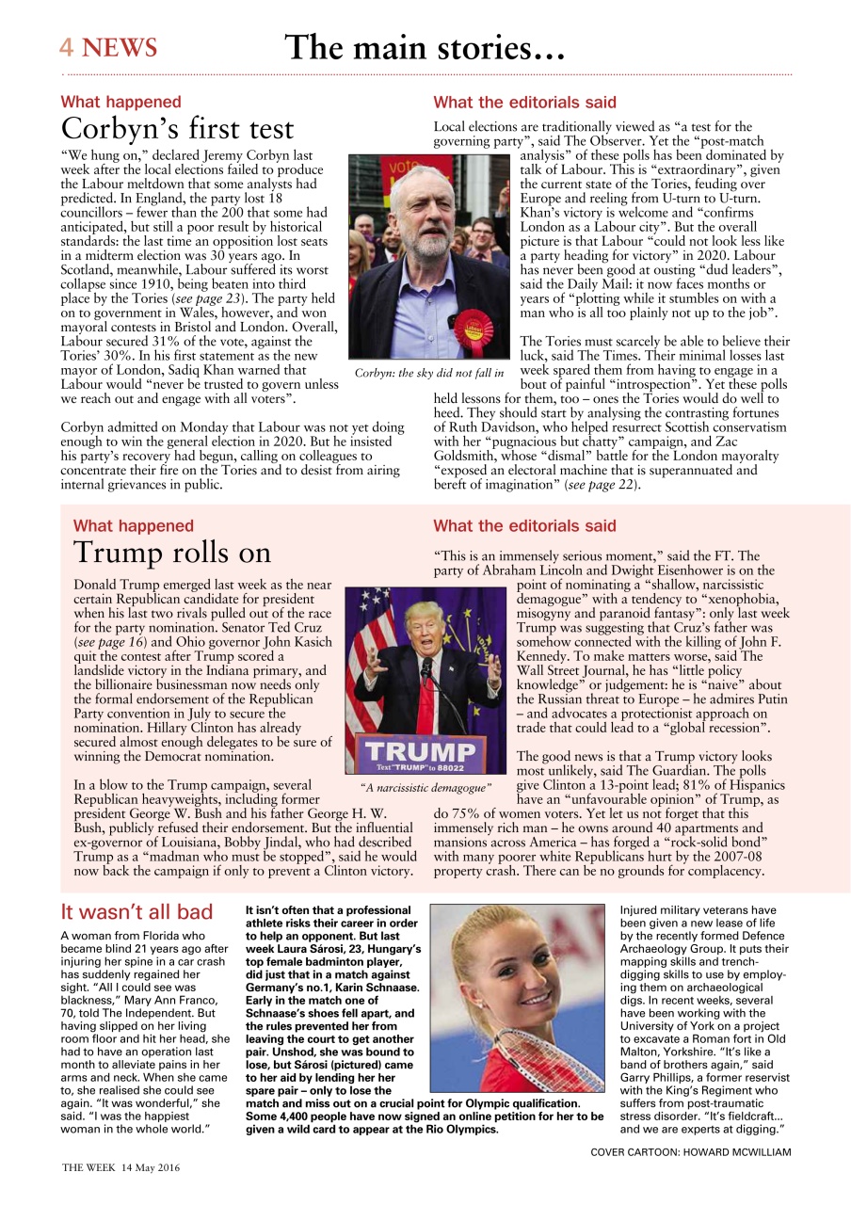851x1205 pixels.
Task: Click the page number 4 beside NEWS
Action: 67,48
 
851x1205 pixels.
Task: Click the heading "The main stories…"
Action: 425,47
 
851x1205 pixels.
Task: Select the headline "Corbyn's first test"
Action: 178,129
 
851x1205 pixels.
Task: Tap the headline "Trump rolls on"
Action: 172,552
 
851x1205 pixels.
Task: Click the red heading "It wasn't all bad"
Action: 136,912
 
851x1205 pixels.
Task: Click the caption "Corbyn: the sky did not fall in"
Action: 429,374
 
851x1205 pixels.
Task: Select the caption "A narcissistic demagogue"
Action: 426,787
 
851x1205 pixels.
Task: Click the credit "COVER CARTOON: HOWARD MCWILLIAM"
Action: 691,1151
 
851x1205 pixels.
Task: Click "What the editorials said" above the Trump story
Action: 524,526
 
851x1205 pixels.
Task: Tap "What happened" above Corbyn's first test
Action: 120,102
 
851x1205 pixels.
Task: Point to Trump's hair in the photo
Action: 423,612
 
